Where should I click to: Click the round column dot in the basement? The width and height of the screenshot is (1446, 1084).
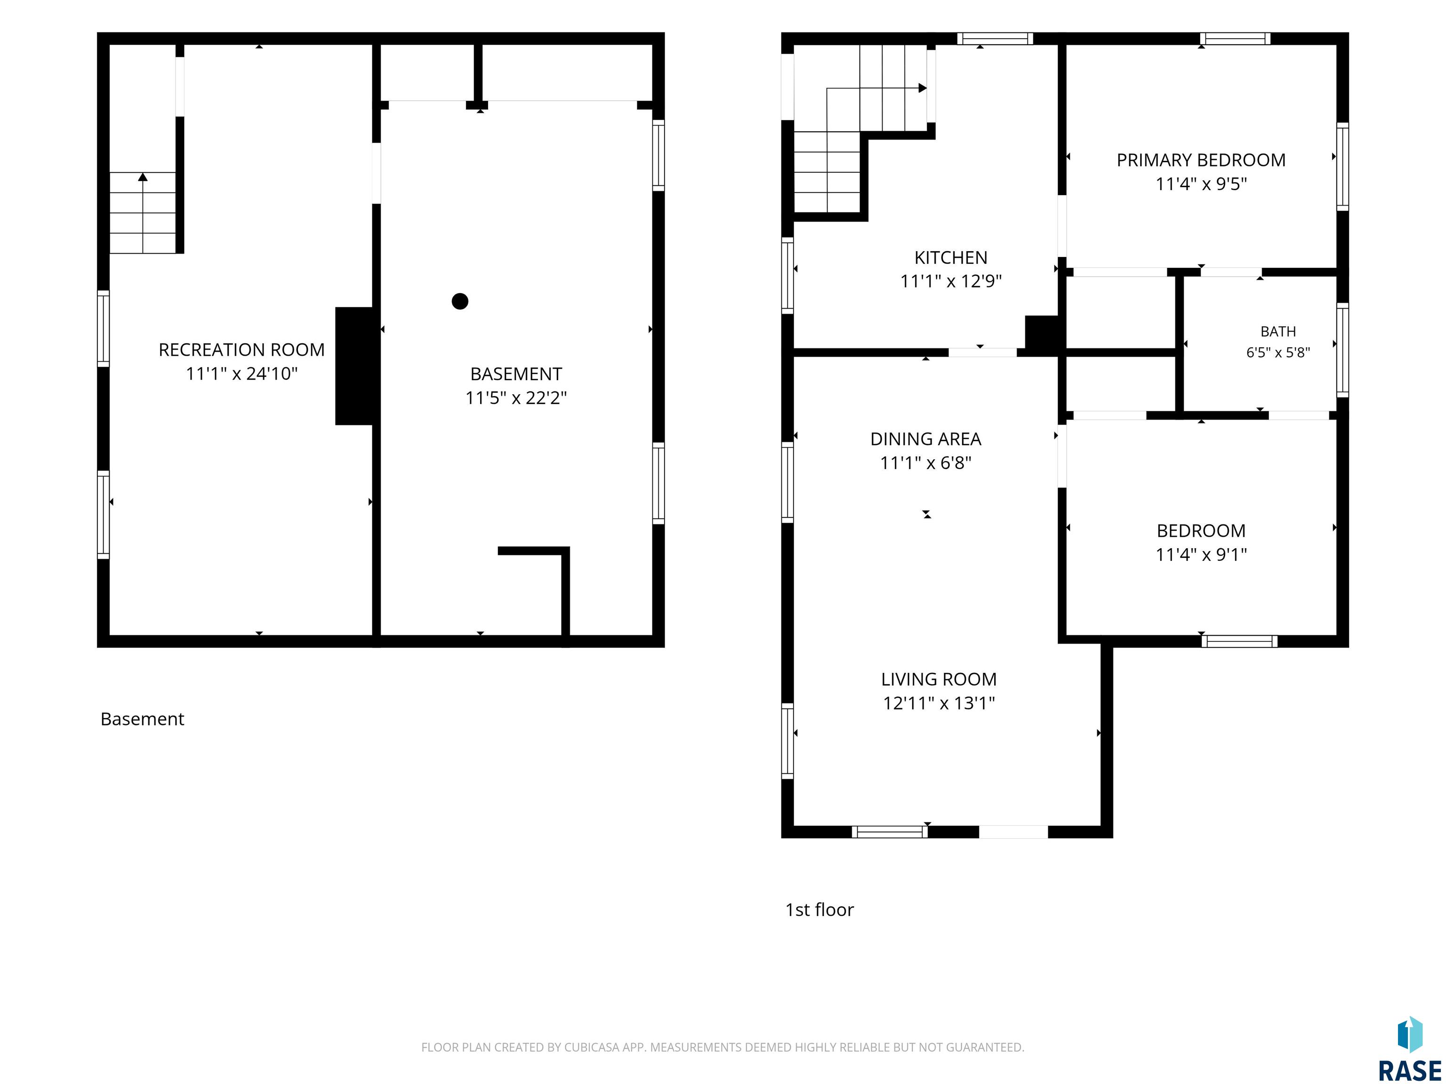(460, 301)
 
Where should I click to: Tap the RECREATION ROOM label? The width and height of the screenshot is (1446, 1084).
(242, 350)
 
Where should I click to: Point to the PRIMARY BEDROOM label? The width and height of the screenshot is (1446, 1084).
(1201, 160)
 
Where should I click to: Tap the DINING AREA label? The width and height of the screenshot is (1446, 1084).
(926, 439)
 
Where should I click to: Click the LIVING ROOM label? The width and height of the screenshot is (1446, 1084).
(939, 679)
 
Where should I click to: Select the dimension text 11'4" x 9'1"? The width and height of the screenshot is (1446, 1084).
(1201, 555)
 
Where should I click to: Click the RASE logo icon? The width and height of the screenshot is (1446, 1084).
(1410, 1036)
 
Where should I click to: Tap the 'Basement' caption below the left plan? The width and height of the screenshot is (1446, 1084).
(143, 719)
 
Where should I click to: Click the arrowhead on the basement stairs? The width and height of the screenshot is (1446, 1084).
(143, 176)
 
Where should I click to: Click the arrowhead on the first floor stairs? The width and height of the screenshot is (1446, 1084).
(923, 88)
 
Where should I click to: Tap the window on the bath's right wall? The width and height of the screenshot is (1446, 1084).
(1342, 350)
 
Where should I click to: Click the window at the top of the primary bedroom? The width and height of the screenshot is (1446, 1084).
(1235, 39)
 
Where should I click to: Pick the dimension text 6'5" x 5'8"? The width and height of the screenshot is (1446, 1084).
(1278, 353)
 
